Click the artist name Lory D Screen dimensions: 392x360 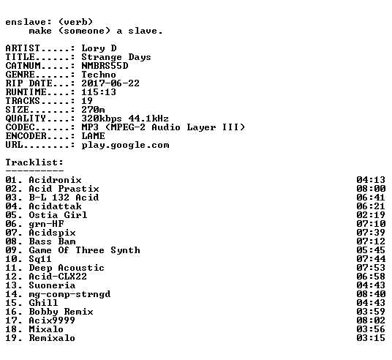tap(99, 48)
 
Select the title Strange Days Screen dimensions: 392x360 tap(116, 57)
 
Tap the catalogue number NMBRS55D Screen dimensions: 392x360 tap(105, 66)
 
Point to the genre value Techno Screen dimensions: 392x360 tap(99, 75)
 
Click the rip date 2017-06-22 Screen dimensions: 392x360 tap(110, 83)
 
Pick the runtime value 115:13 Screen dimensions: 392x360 tap(99, 92)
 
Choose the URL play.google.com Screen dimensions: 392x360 tap(125, 145)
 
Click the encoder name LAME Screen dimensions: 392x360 tap(93, 136)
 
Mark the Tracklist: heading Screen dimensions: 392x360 tap(34, 162)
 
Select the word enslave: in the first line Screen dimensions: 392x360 tap(29, 22)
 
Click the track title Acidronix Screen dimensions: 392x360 tap(55, 180)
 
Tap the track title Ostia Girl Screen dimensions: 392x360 tap(58, 215)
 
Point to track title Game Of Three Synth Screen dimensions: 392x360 tap(85, 250)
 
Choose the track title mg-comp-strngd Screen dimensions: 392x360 tap(69, 294)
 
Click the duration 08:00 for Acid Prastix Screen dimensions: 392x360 tap(371, 189)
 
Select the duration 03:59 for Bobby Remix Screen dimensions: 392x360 tap(371, 312)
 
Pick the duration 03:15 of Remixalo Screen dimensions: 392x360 tap(371, 338)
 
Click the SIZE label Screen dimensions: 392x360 tap(18, 110)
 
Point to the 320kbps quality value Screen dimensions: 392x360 tap(102, 119)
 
